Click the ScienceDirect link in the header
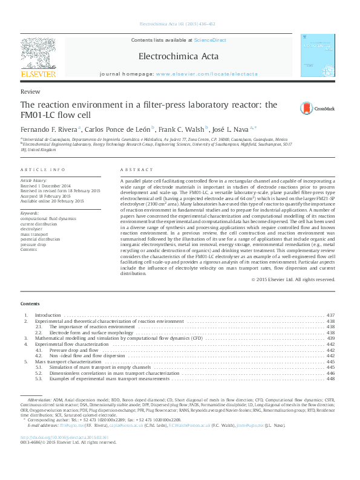[x=210, y=40]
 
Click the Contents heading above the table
[x=30, y=303]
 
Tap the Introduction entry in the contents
[x=48, y=316]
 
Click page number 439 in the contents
[x=330, y=339]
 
